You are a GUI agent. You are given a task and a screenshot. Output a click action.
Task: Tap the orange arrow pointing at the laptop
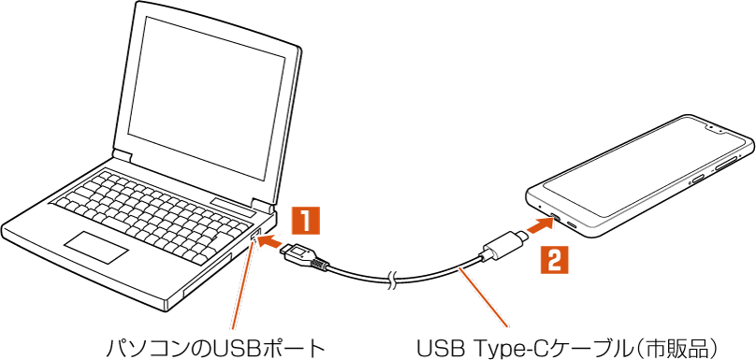coord(271,241)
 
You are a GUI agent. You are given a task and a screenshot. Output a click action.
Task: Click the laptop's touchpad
coord(97,247)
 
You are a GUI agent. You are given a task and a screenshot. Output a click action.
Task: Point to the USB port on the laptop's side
coord(255,237)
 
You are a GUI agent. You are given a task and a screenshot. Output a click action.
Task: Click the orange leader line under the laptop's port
coord(242,288)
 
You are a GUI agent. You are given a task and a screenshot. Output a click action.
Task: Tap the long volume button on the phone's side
coord(728,164)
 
